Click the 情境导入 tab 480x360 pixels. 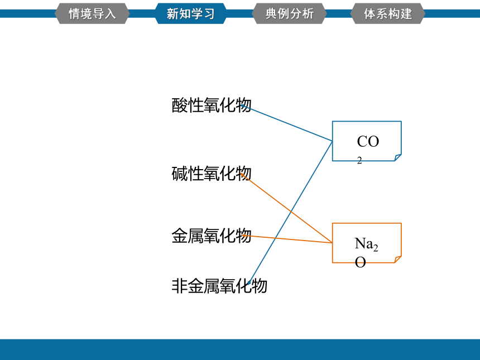92,13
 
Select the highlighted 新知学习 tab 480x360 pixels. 191,13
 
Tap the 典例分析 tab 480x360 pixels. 289,13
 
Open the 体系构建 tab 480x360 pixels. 388,13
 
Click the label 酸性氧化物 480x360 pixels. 212,105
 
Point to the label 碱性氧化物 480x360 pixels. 212,174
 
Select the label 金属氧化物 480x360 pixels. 212,236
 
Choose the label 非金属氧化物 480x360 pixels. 219,286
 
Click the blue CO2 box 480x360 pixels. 367,141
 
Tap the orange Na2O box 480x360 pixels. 367,243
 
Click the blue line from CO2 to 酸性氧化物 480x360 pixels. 286,123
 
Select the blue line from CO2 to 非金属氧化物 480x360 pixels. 290,213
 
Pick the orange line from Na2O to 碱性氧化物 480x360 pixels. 286,208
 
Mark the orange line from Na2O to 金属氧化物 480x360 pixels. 291,239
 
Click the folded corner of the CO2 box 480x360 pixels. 398,157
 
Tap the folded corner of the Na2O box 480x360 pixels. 398,260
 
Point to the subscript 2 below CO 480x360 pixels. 359,160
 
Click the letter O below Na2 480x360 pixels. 361,262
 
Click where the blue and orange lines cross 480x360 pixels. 291,212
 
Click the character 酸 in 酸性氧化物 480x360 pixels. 179,105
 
